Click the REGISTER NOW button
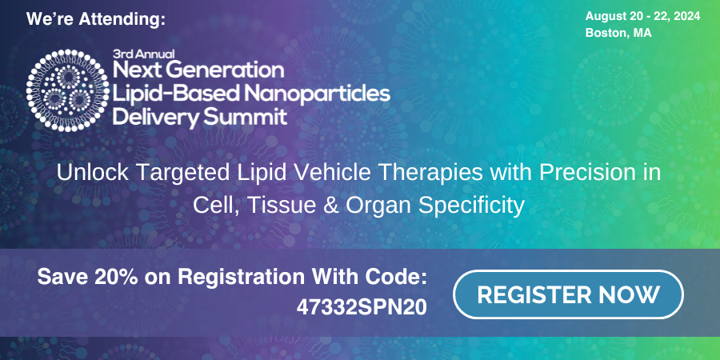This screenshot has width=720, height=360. tap(568, 294)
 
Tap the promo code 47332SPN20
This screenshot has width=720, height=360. tap(362, 308)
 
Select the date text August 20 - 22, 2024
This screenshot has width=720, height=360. tap(642, 17)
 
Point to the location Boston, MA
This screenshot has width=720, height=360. tap(618, 33)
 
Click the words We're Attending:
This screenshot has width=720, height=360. tap(95, 20)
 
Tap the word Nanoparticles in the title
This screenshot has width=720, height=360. tap(317, 94)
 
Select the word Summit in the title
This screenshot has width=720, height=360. tap(245, 117)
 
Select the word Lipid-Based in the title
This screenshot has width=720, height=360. tap(177, 94)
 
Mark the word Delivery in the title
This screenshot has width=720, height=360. tap(156, 117)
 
